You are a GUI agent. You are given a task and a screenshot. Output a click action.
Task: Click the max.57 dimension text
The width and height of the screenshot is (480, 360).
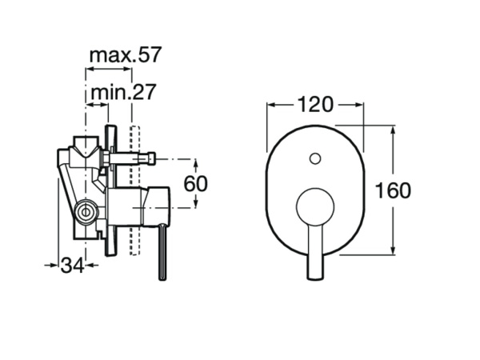point(126,55)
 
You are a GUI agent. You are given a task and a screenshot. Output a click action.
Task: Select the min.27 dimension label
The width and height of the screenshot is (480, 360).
point(122,92)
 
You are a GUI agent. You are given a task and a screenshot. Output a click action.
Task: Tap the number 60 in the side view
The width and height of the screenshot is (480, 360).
point(196,183)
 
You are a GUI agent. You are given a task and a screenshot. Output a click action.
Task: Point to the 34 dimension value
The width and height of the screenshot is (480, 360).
point(73,265)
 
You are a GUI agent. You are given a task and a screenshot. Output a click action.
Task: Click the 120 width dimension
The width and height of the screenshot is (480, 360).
point(315,104)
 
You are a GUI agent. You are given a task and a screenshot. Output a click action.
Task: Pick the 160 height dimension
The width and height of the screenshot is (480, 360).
point(392,190)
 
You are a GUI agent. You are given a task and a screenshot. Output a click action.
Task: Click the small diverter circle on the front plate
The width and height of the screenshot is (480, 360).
point(315,157)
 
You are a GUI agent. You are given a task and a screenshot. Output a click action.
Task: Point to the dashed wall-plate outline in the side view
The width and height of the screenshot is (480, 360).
point(136,192)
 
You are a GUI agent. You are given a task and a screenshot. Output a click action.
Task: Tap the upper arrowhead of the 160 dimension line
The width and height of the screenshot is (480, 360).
point(392,129)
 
